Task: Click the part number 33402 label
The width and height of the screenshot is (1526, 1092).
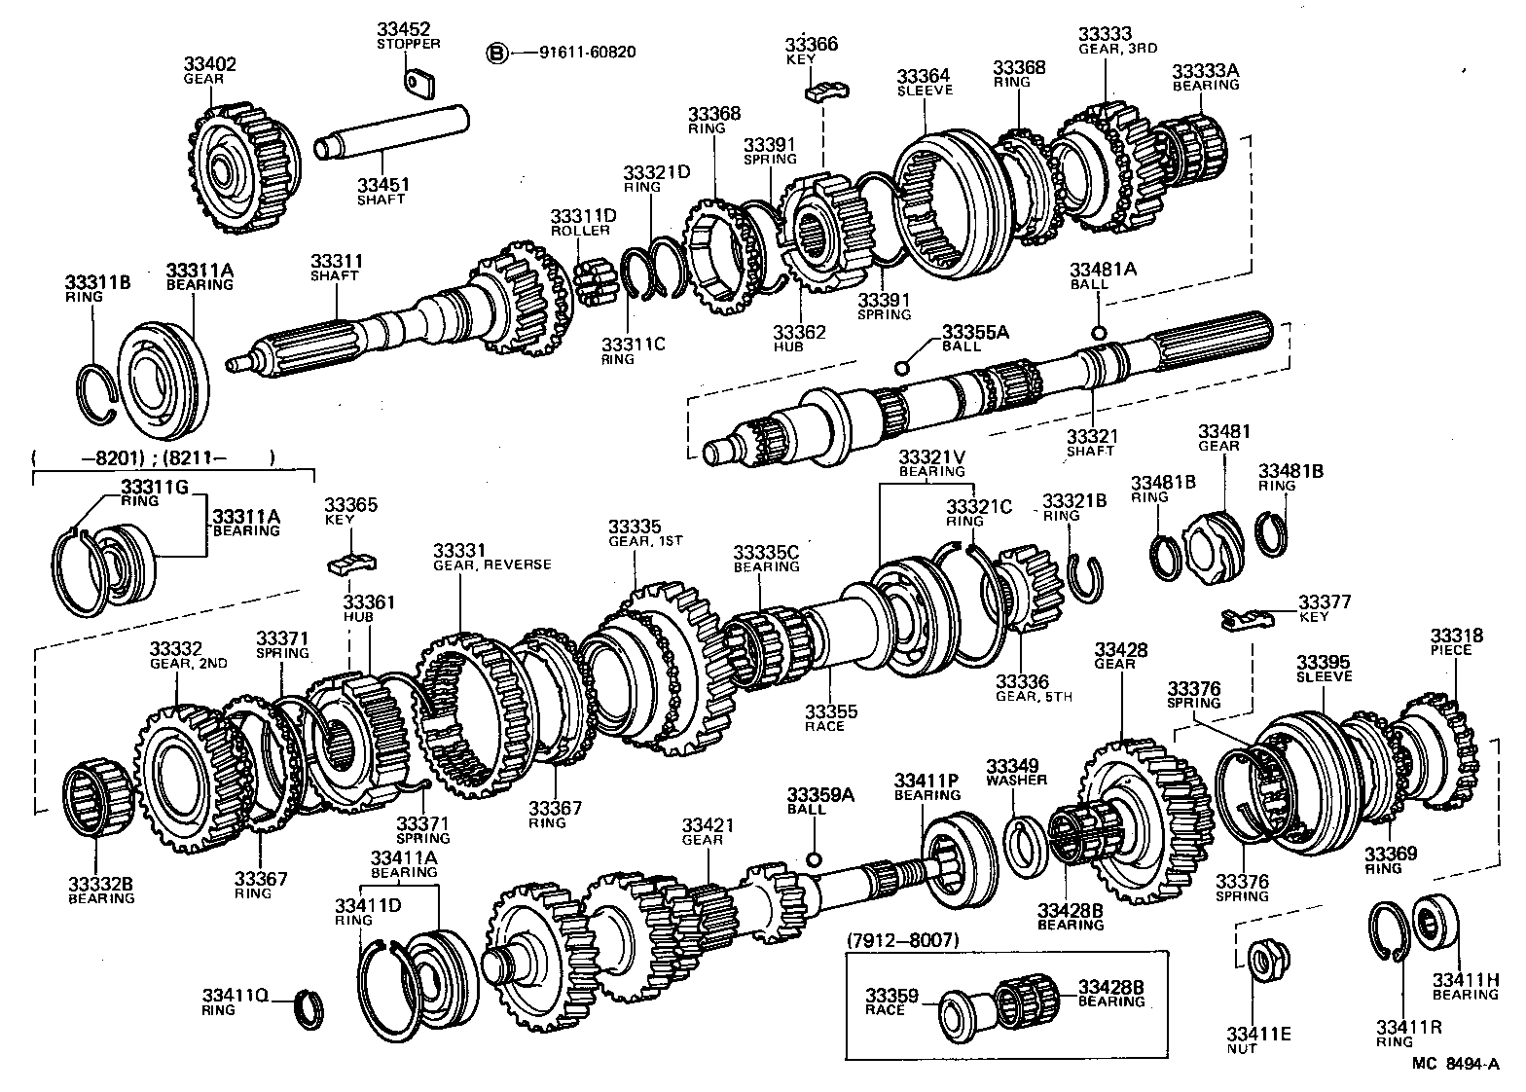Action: (x=209, y=64)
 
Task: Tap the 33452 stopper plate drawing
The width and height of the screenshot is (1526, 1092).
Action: (x=419, y=82)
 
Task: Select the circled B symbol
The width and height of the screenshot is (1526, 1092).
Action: (x=496, y=52)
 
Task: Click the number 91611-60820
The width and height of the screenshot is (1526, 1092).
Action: (x=587, y=52)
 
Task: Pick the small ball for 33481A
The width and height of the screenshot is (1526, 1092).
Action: (x=1098, y=333)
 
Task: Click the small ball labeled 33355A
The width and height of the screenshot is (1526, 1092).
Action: (x=901, y=367)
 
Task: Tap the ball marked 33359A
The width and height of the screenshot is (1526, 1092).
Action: (x=815, y=859)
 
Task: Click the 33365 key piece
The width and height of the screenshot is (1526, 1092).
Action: (x=350, y=564)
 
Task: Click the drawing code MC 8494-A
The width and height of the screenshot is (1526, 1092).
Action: (x=1456, y=1064)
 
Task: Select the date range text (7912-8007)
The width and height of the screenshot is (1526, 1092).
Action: (x=902, y=940)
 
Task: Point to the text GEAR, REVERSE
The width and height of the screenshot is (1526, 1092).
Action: (x=491, y=564)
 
